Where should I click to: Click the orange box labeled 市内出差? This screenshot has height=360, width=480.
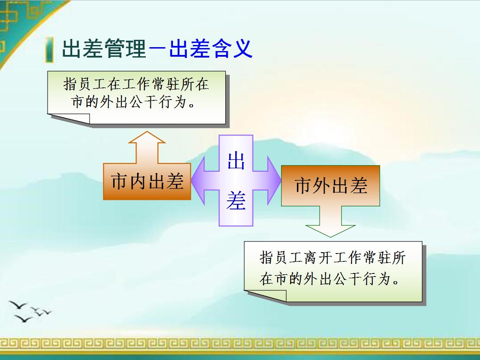click(147, 182)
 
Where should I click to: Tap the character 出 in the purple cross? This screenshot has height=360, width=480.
click(236, 161)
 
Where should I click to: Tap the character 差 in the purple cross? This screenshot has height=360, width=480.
click(236, 201)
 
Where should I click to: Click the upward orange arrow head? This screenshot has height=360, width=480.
click(147, 138)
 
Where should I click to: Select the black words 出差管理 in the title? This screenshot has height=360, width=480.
click(104, 49)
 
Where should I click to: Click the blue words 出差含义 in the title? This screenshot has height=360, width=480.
click(211, 49)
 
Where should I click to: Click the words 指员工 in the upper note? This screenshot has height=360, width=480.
click(85, 84)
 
